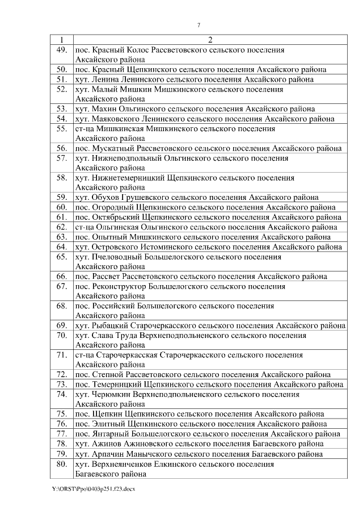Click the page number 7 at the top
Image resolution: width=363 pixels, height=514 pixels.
pos(199,25)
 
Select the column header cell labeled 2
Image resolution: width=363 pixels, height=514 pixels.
pos(209,40)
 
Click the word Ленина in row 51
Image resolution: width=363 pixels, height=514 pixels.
pos(104,80)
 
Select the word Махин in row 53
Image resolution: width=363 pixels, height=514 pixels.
pos(103,109)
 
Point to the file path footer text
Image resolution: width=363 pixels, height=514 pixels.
pos(93,489)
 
